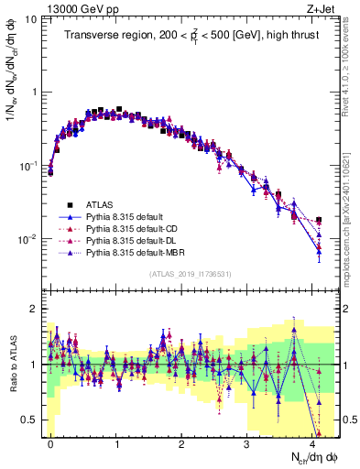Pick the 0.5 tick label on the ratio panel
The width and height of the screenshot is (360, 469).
pos(28,420)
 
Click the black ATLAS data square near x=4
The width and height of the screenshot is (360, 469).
pos(319,220)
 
